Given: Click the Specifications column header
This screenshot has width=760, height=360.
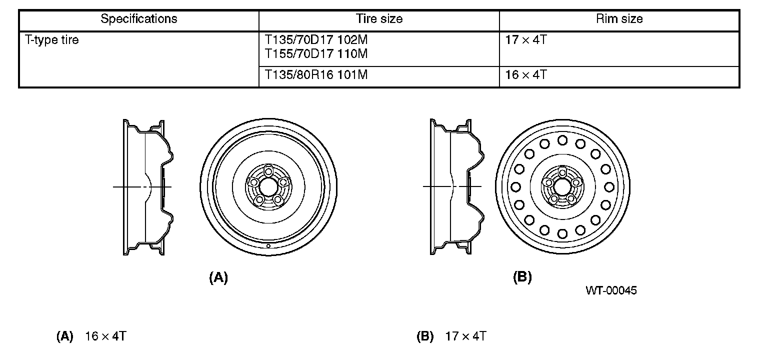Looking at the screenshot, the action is [139, 18].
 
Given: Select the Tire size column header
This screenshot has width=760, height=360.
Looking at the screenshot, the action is [379, 18].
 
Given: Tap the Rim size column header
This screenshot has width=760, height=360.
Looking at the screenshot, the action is [619, 18].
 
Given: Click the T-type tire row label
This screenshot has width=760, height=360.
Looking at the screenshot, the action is [51, 40].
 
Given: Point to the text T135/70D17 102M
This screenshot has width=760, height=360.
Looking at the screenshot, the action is [316, 39].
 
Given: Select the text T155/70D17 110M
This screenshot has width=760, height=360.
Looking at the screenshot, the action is [316, 53].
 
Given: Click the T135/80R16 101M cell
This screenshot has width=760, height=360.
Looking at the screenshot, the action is [316, 74].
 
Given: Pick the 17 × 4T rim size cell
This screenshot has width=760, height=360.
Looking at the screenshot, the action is [526, 39].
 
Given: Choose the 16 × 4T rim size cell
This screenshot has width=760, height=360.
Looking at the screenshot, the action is [526, 74].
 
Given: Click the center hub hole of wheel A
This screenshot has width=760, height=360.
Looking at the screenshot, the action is [268, 187].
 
